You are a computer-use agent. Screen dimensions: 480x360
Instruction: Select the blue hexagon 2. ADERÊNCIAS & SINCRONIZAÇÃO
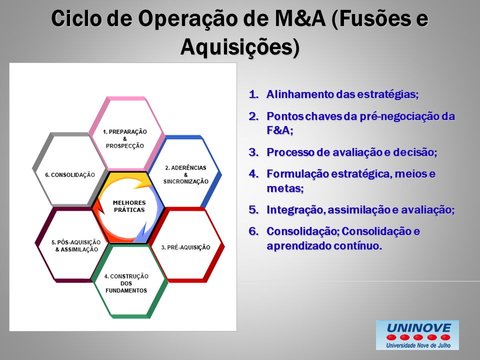(x=214, y=174)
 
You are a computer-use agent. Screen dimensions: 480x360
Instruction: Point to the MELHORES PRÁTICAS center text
(x=129, y=206)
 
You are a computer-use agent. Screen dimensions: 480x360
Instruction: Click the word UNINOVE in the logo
(x=418, y=328)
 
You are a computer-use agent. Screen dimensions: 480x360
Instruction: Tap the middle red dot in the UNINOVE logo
(x=418, y=337)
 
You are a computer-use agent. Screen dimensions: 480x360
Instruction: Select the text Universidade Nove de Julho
(x=418, y=345)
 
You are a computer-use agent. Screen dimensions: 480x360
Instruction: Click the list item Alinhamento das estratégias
(x=342, y=94)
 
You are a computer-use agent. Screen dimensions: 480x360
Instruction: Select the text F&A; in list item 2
(x=280, y=130)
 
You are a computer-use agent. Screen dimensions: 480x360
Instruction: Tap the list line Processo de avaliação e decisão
(x=351, y=152)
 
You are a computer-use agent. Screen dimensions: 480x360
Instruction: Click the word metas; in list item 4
(x=285, y=188)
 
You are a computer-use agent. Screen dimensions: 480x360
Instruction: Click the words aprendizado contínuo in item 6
(x=324, y=246)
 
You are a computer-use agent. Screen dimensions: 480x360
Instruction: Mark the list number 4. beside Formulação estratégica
(x=254, y=173)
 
